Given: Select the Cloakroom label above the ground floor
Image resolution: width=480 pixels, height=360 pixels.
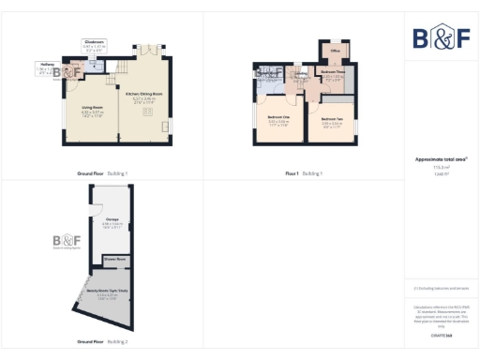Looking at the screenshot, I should pyautogui.click(x=94, y=42).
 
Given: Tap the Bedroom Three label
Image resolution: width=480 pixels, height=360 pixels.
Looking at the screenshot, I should pyautogui.click(x=334, y=71).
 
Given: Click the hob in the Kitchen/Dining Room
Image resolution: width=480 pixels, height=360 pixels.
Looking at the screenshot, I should pyautogui.click(x=145, y=112).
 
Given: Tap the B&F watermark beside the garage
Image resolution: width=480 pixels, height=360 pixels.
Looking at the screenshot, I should pyautogui.click(x=66, y=241).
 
